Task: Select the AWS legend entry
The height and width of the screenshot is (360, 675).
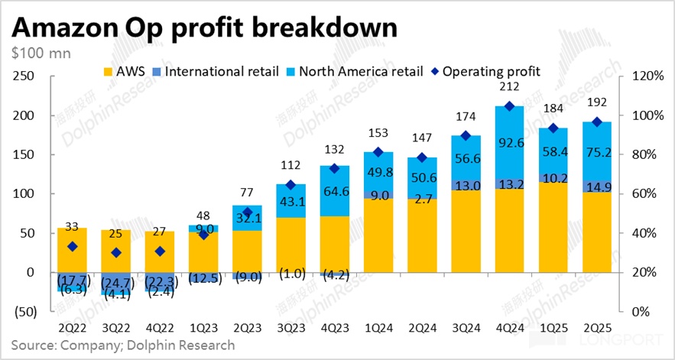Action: (127, 71)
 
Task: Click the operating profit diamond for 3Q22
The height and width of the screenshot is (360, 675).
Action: (115, 252)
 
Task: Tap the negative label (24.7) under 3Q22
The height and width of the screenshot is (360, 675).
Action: (116, 283)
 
